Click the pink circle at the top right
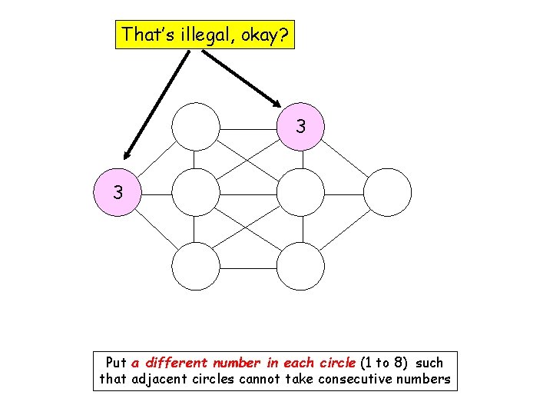pyautogui.click(x=300, y=126)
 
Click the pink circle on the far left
pyautogui.click(x=117, y=192)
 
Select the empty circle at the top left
pyautogui.click(x=195, y=126)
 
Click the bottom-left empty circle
pyautogui.click(x=195, y=265)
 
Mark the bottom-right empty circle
pyautogui.click(x=300, y=265)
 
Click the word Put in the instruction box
pyautogui.click(x=116, y=363)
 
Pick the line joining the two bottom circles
pyautogui.click(x=247, y=265)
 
